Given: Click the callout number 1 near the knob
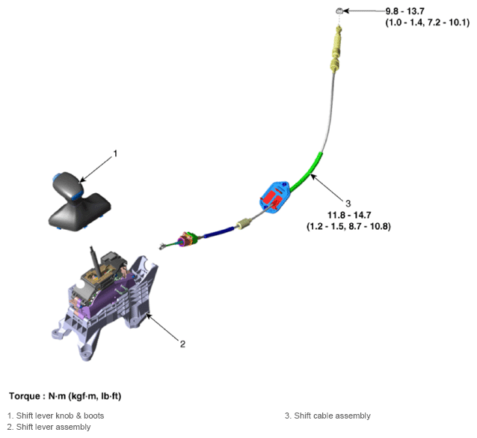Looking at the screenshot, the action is pos(115,153).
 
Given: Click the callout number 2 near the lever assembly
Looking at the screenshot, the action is pos(182,344).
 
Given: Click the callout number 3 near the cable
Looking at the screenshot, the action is pos(348,204).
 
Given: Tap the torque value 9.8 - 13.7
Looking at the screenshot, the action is pos(404,11).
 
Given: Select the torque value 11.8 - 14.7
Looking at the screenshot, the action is pos(349,215).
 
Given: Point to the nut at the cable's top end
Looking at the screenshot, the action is pos(339,11).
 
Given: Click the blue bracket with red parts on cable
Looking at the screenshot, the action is pos(274,198).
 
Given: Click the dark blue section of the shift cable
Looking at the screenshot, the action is pos(219,232).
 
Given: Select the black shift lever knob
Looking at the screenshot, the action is pos(67,185).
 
